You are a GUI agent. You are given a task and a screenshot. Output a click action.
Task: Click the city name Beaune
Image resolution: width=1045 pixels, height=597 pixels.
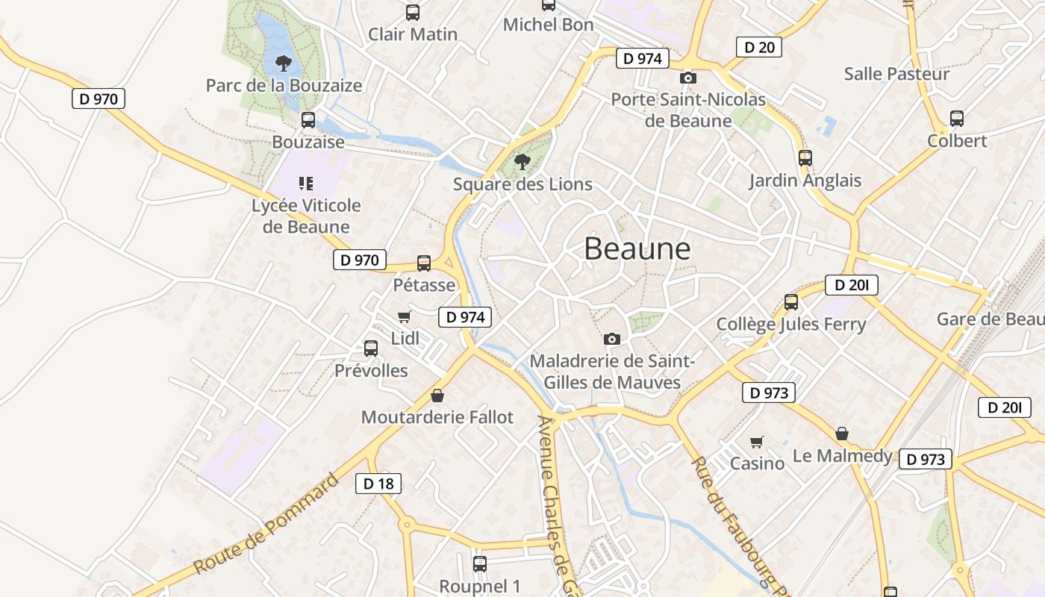(x=637, y=249)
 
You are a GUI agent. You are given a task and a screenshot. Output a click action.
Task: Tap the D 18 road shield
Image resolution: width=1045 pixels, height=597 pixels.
(x=378, y=484)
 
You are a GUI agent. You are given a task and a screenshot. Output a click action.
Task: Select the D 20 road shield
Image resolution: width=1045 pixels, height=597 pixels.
(x=759, y=47)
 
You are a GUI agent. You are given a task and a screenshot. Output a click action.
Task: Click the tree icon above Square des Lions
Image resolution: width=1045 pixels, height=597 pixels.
(x=522, y=161)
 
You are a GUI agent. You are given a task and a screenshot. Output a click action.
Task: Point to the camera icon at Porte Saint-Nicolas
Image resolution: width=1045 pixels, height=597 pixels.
(x=688, y=78)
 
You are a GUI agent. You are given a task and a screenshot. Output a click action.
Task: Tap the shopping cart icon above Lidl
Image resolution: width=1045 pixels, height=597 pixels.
(x=405, y=316)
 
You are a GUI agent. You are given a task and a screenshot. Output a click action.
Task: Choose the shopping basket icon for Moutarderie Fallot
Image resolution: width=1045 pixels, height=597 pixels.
(x=437, y=396)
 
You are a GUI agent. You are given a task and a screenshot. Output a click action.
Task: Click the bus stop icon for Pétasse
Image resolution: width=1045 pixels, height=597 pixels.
(x=424, y=263)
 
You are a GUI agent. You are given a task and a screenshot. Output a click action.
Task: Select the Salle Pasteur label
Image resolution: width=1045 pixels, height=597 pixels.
(x=896, y=74)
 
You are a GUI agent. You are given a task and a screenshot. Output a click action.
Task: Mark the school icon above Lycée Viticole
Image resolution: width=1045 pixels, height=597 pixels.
(x=305, y=183)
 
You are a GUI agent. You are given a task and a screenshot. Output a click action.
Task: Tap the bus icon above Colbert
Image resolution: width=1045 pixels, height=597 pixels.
(x=957, y=118)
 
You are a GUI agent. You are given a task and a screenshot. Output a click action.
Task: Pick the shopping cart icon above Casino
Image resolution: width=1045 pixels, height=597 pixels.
(x=757, y=442)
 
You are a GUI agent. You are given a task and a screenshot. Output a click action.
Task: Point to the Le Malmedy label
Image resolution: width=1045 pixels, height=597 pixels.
(x=842, y=455)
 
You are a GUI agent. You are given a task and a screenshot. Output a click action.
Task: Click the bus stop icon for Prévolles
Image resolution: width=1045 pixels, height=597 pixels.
(x=371, y=348)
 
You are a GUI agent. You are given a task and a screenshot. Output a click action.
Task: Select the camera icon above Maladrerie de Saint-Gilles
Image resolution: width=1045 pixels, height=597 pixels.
(x=612, y=340)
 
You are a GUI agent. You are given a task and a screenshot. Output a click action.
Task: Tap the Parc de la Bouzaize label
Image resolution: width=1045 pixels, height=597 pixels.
(x=284, y=85)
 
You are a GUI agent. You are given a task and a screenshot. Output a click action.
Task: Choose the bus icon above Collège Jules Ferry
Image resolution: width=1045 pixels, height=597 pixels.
(x=791, y=302)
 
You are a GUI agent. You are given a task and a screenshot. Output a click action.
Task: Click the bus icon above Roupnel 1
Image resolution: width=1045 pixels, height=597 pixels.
(x=480, y=564)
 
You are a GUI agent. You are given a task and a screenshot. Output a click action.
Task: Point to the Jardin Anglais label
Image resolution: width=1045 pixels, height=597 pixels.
(x=805, y=181)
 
